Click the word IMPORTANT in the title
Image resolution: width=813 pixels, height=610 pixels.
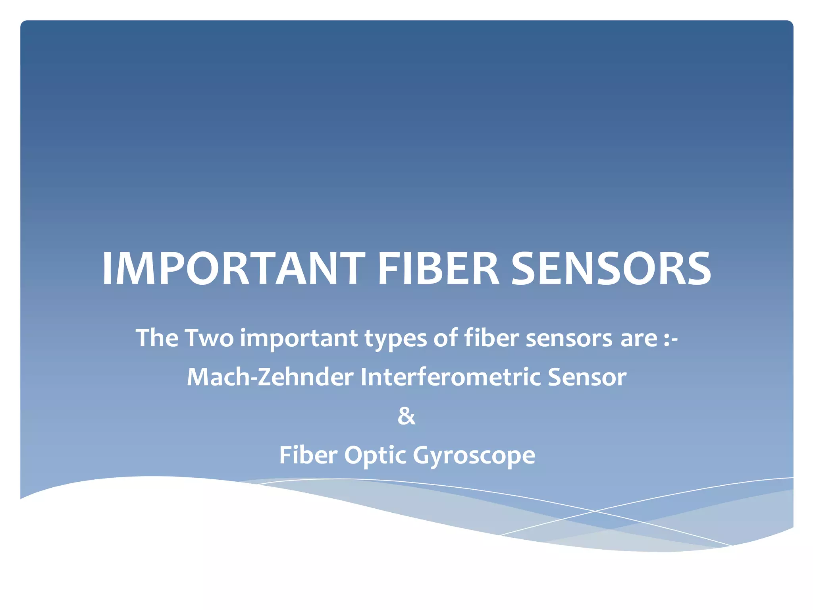point(233,269)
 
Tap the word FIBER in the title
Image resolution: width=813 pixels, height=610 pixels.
point(438,269)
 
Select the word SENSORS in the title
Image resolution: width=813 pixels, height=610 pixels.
point(611,269)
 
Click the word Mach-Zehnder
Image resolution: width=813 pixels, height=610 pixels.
point(270,377)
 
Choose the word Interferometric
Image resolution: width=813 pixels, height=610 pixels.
point(450,377)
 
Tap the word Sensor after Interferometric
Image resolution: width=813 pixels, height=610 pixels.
point(587,377)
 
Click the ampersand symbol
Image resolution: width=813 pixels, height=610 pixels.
point(406,417)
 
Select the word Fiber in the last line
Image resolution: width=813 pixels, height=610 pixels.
point(308,455)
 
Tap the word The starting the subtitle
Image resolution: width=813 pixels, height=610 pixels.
point(157,338)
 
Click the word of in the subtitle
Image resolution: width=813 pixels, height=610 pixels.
point(445,338)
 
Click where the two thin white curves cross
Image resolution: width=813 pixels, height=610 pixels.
point(595,511)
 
